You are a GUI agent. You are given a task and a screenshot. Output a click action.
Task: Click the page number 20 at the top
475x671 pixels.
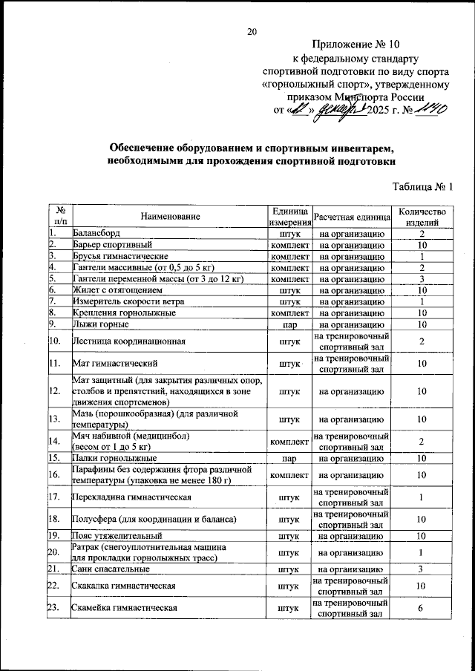pos(252,31)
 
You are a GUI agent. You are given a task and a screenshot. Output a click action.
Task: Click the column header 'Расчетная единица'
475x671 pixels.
pos(352,216)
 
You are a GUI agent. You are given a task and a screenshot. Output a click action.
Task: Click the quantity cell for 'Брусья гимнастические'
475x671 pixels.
pos(421,256)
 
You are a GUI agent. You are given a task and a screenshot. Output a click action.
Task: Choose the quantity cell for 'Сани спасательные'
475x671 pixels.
pos(421,569)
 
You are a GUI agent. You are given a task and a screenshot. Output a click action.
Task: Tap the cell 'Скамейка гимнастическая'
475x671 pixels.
pos(124,608)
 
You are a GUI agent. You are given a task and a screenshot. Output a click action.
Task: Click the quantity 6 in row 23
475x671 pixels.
pos(421,608)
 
